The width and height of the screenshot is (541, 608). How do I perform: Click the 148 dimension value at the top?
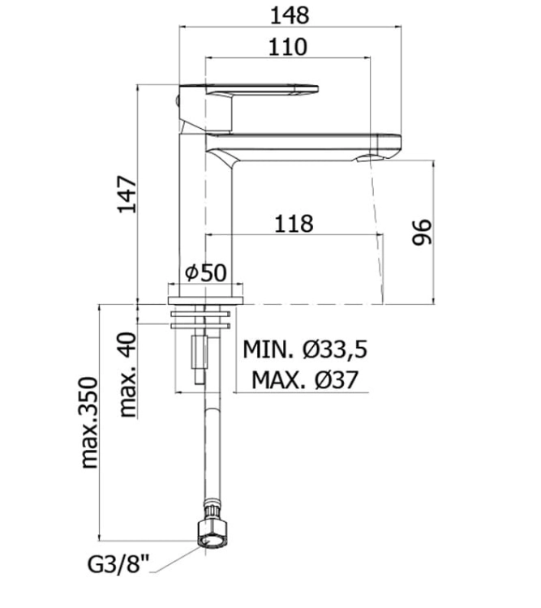click(290, 16)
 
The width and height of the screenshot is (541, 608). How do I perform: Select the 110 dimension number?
click(288, 47)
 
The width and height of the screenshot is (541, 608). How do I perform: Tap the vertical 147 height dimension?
click(127, 195)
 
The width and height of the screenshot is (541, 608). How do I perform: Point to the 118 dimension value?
click(294, 224)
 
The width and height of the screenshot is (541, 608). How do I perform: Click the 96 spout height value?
click(422, 233)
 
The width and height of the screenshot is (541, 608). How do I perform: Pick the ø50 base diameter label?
click(205, 272)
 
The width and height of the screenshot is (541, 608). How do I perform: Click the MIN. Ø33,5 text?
click(305, 349)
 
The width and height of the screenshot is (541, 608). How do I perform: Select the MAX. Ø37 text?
click(305, 379)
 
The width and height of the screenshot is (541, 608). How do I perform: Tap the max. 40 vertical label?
click(128, 375)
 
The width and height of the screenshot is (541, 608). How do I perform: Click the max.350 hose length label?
click(89, 422)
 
